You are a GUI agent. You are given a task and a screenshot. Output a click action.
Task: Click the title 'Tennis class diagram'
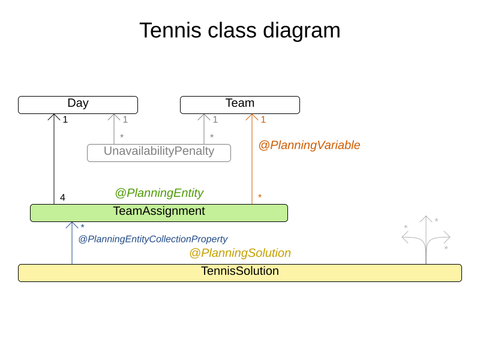[x=240, y=31]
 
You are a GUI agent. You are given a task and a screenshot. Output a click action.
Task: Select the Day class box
[x=78, y=104]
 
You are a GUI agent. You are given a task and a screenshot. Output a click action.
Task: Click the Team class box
[x=240, y=104]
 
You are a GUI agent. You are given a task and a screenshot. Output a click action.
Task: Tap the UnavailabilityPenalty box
[x=159, y=152]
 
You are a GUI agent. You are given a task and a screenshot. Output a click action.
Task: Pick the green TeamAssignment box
[x=159, y=212]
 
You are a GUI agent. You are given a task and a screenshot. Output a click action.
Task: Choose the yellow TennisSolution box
[x=240, y=272]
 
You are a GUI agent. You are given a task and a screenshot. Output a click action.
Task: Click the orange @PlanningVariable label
[x=309, y=145]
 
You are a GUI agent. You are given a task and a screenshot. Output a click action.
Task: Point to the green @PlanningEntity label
[x=159, y=193]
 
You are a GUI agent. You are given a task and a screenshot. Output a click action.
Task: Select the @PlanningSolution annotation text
[x=240, y=253]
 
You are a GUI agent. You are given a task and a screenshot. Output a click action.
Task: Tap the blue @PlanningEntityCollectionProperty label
[x=153, y=239]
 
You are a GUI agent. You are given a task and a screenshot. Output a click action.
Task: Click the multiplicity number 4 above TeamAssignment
[x=62, y=197]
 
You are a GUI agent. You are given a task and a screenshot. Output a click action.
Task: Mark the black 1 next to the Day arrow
[x=65, y=120]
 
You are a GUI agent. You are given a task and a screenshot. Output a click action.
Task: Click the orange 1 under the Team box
[x=263, y=120]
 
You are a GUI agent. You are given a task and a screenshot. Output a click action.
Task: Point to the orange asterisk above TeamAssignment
[x=260, y=197]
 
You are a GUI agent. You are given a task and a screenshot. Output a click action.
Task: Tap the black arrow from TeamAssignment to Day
[x=54, y=162]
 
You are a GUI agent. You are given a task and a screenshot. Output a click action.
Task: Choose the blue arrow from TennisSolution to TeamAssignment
[x=72, y=246]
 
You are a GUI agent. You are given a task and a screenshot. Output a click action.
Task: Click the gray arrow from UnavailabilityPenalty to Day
[x=114, y=129]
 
